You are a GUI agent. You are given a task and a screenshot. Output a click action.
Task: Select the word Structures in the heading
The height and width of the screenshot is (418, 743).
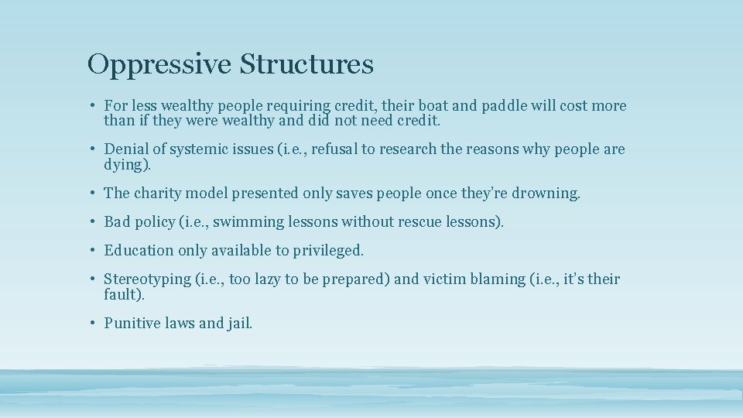306,64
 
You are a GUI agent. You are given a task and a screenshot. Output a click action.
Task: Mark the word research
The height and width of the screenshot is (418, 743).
406,149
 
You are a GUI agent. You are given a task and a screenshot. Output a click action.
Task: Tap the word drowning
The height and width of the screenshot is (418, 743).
545,194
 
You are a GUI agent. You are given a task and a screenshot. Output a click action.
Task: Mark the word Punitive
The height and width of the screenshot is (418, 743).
132,324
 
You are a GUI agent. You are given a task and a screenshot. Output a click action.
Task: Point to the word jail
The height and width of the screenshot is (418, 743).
239,324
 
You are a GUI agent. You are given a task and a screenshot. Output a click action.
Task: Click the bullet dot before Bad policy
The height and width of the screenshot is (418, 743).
91,222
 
